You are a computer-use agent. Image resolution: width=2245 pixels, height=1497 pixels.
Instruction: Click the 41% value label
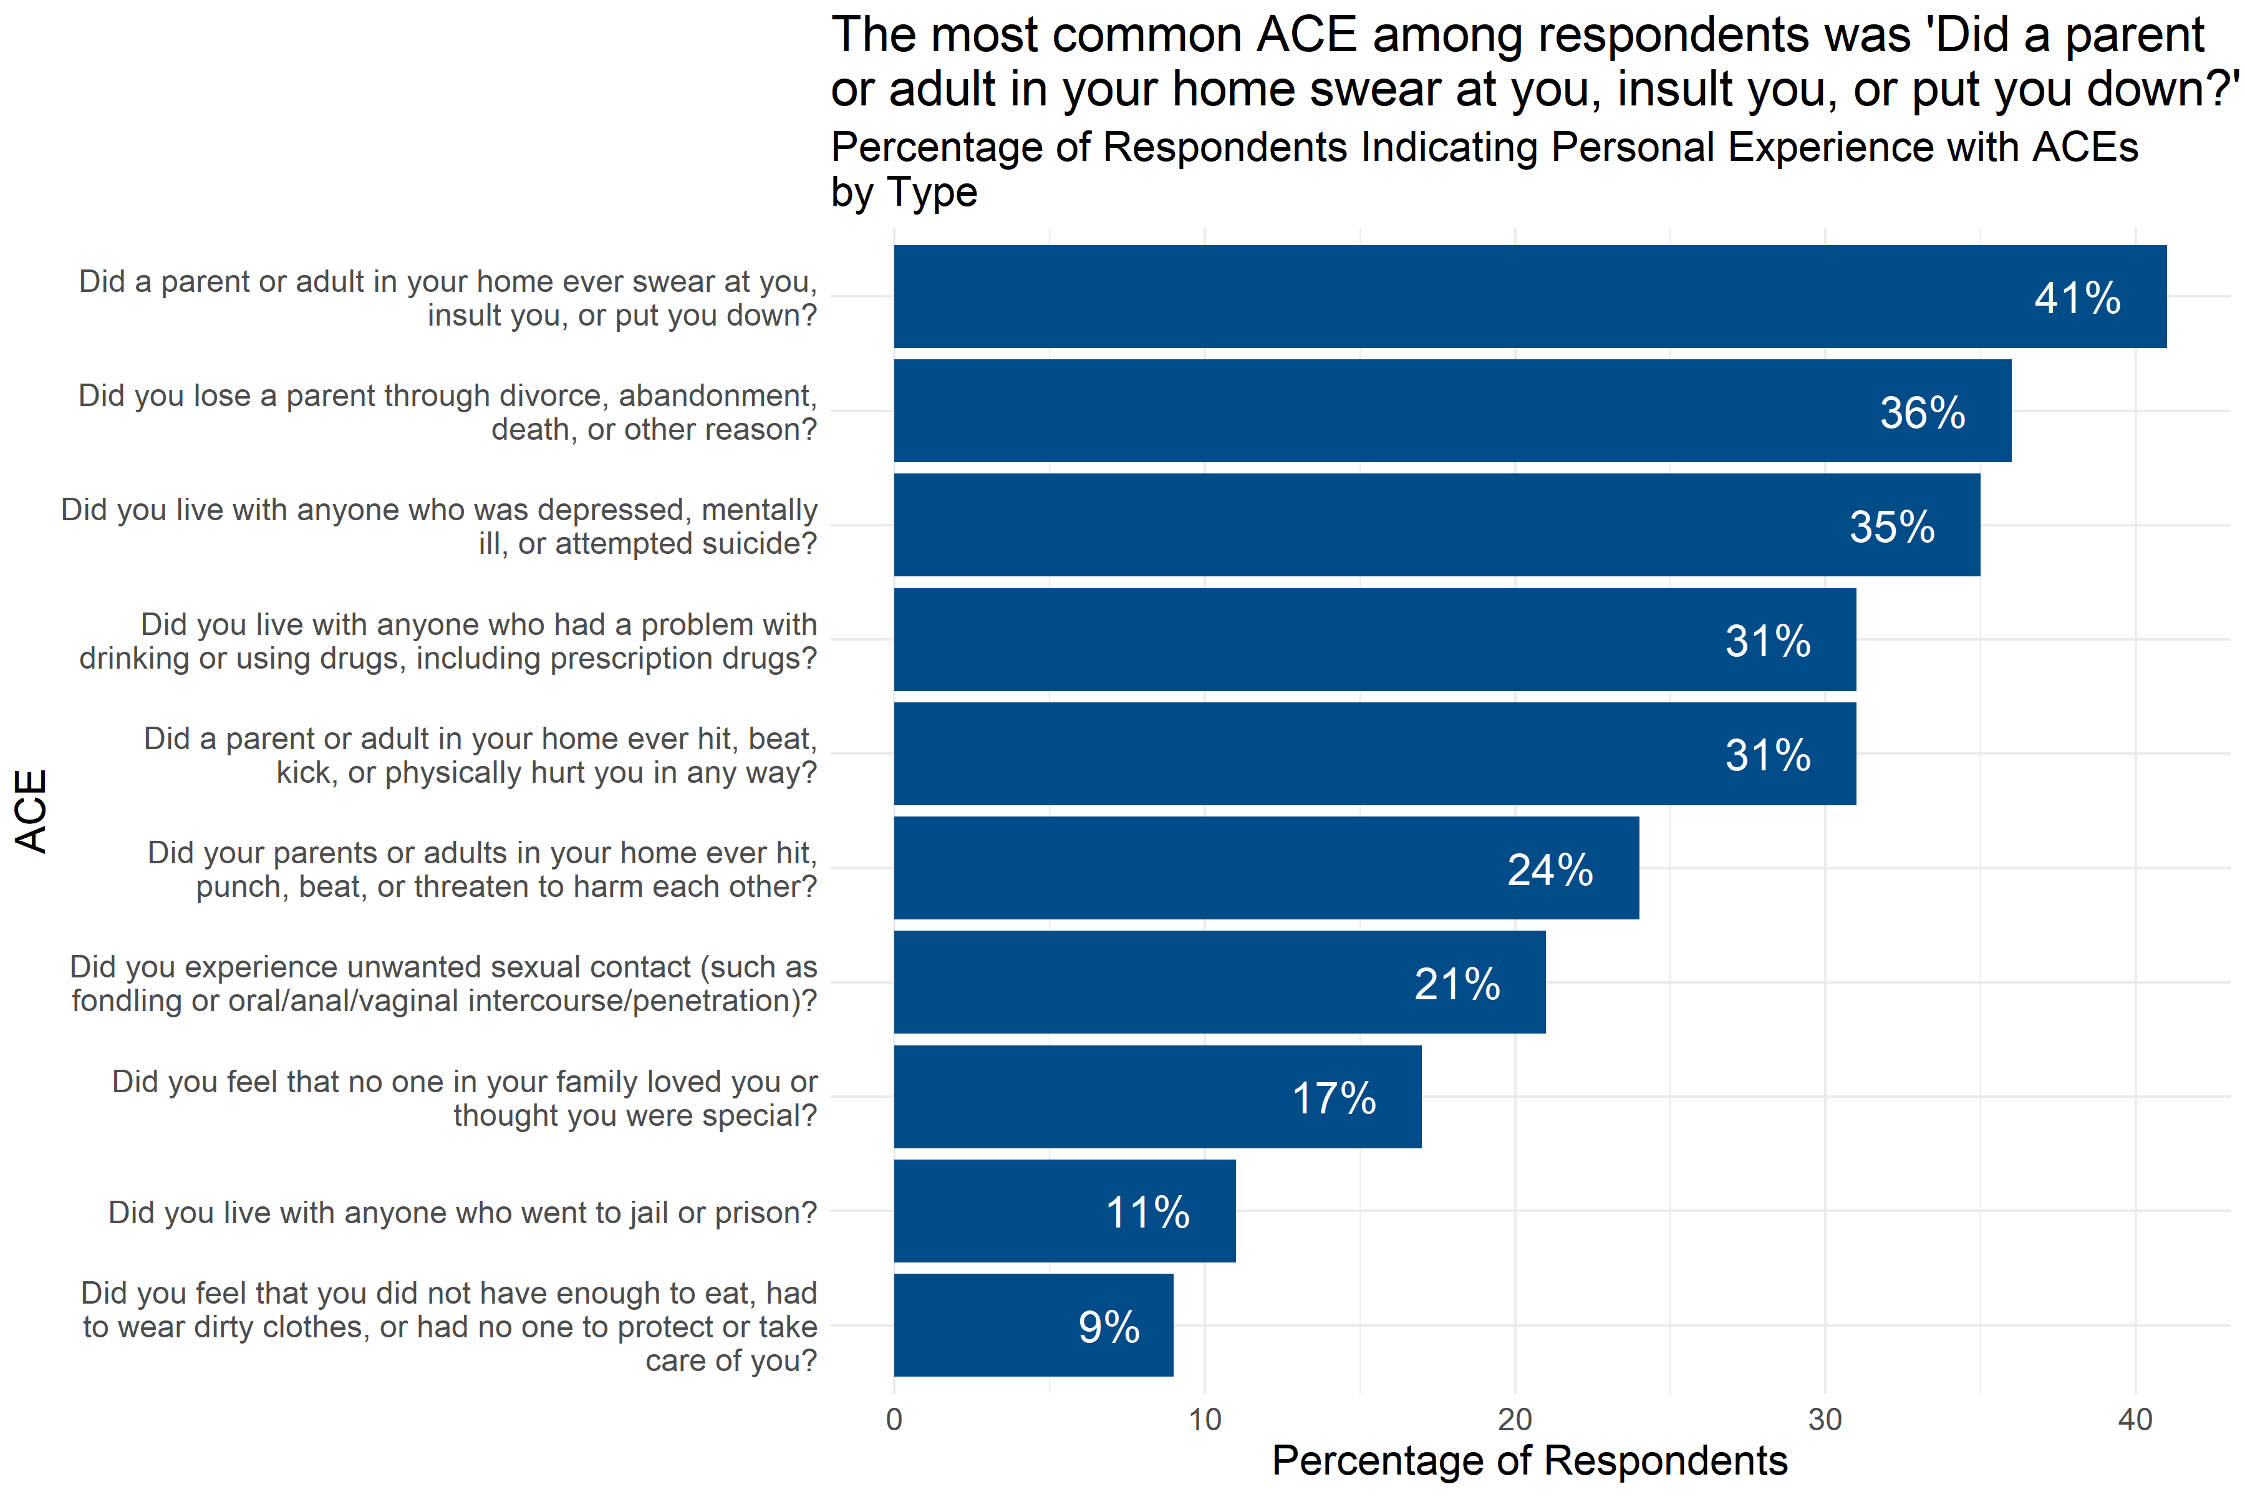(x=2077, y=299)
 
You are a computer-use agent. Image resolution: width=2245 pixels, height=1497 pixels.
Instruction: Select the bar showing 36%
(x=1451, y=410)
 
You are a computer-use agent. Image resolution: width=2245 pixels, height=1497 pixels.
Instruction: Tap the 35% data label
(x=1892, y=527)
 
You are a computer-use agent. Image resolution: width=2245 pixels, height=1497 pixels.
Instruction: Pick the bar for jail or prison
(x=1065, y=1211)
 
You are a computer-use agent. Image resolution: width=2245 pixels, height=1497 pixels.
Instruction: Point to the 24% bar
(x=1266, y=868)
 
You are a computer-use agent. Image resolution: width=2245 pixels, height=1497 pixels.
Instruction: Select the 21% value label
(x=1457, y=984)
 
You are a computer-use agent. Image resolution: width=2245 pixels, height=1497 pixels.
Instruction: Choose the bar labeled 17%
(x=1157, y=1097)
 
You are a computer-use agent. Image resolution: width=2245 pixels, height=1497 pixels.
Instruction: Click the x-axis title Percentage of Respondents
(x=1529, y=1461)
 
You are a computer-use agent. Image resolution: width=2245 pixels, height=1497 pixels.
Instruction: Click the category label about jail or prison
(x=462, y=1213)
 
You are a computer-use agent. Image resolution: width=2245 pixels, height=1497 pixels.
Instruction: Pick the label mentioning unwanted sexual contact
(x=444, y=984)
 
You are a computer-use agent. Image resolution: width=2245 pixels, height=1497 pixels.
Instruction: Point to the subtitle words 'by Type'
(x=904, y=193)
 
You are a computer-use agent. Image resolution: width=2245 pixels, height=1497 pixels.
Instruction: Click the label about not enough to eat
(x=448, y=1326)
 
